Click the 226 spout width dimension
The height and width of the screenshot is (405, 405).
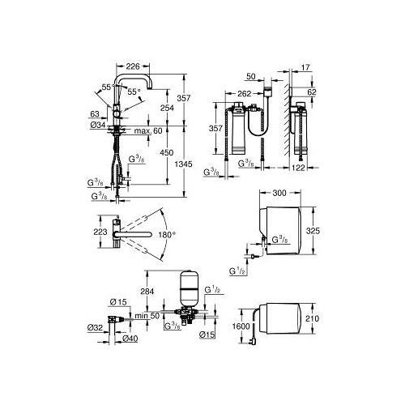[x=133, y=66]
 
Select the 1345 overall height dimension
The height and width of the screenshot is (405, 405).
[x=184, y=164]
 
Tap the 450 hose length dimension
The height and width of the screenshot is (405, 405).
[x=167, y=152]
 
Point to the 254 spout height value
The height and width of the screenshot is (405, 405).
[x=167, y=108]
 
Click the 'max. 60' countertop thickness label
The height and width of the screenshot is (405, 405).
[x=148, y=131]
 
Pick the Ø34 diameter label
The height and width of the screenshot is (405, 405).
[x=98, y=125]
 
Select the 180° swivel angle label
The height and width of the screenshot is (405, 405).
[x=167, y=235]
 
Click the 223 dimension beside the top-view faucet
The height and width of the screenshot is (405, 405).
[x=100, y=232]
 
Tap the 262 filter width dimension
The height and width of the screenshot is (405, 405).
[x=245, y=94]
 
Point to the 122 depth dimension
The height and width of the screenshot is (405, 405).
[x=298, y=168]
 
